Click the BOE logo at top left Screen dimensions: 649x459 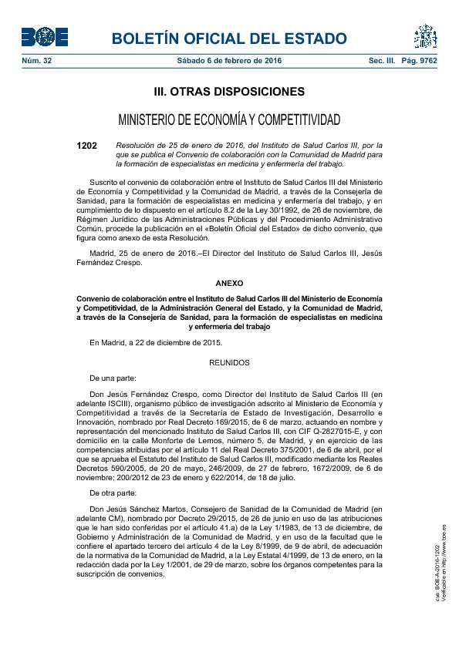45,37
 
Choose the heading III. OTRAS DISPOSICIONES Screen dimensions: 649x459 229,92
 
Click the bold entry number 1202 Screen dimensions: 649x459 87,144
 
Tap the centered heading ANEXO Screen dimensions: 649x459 229,283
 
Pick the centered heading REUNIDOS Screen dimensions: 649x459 229,361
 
